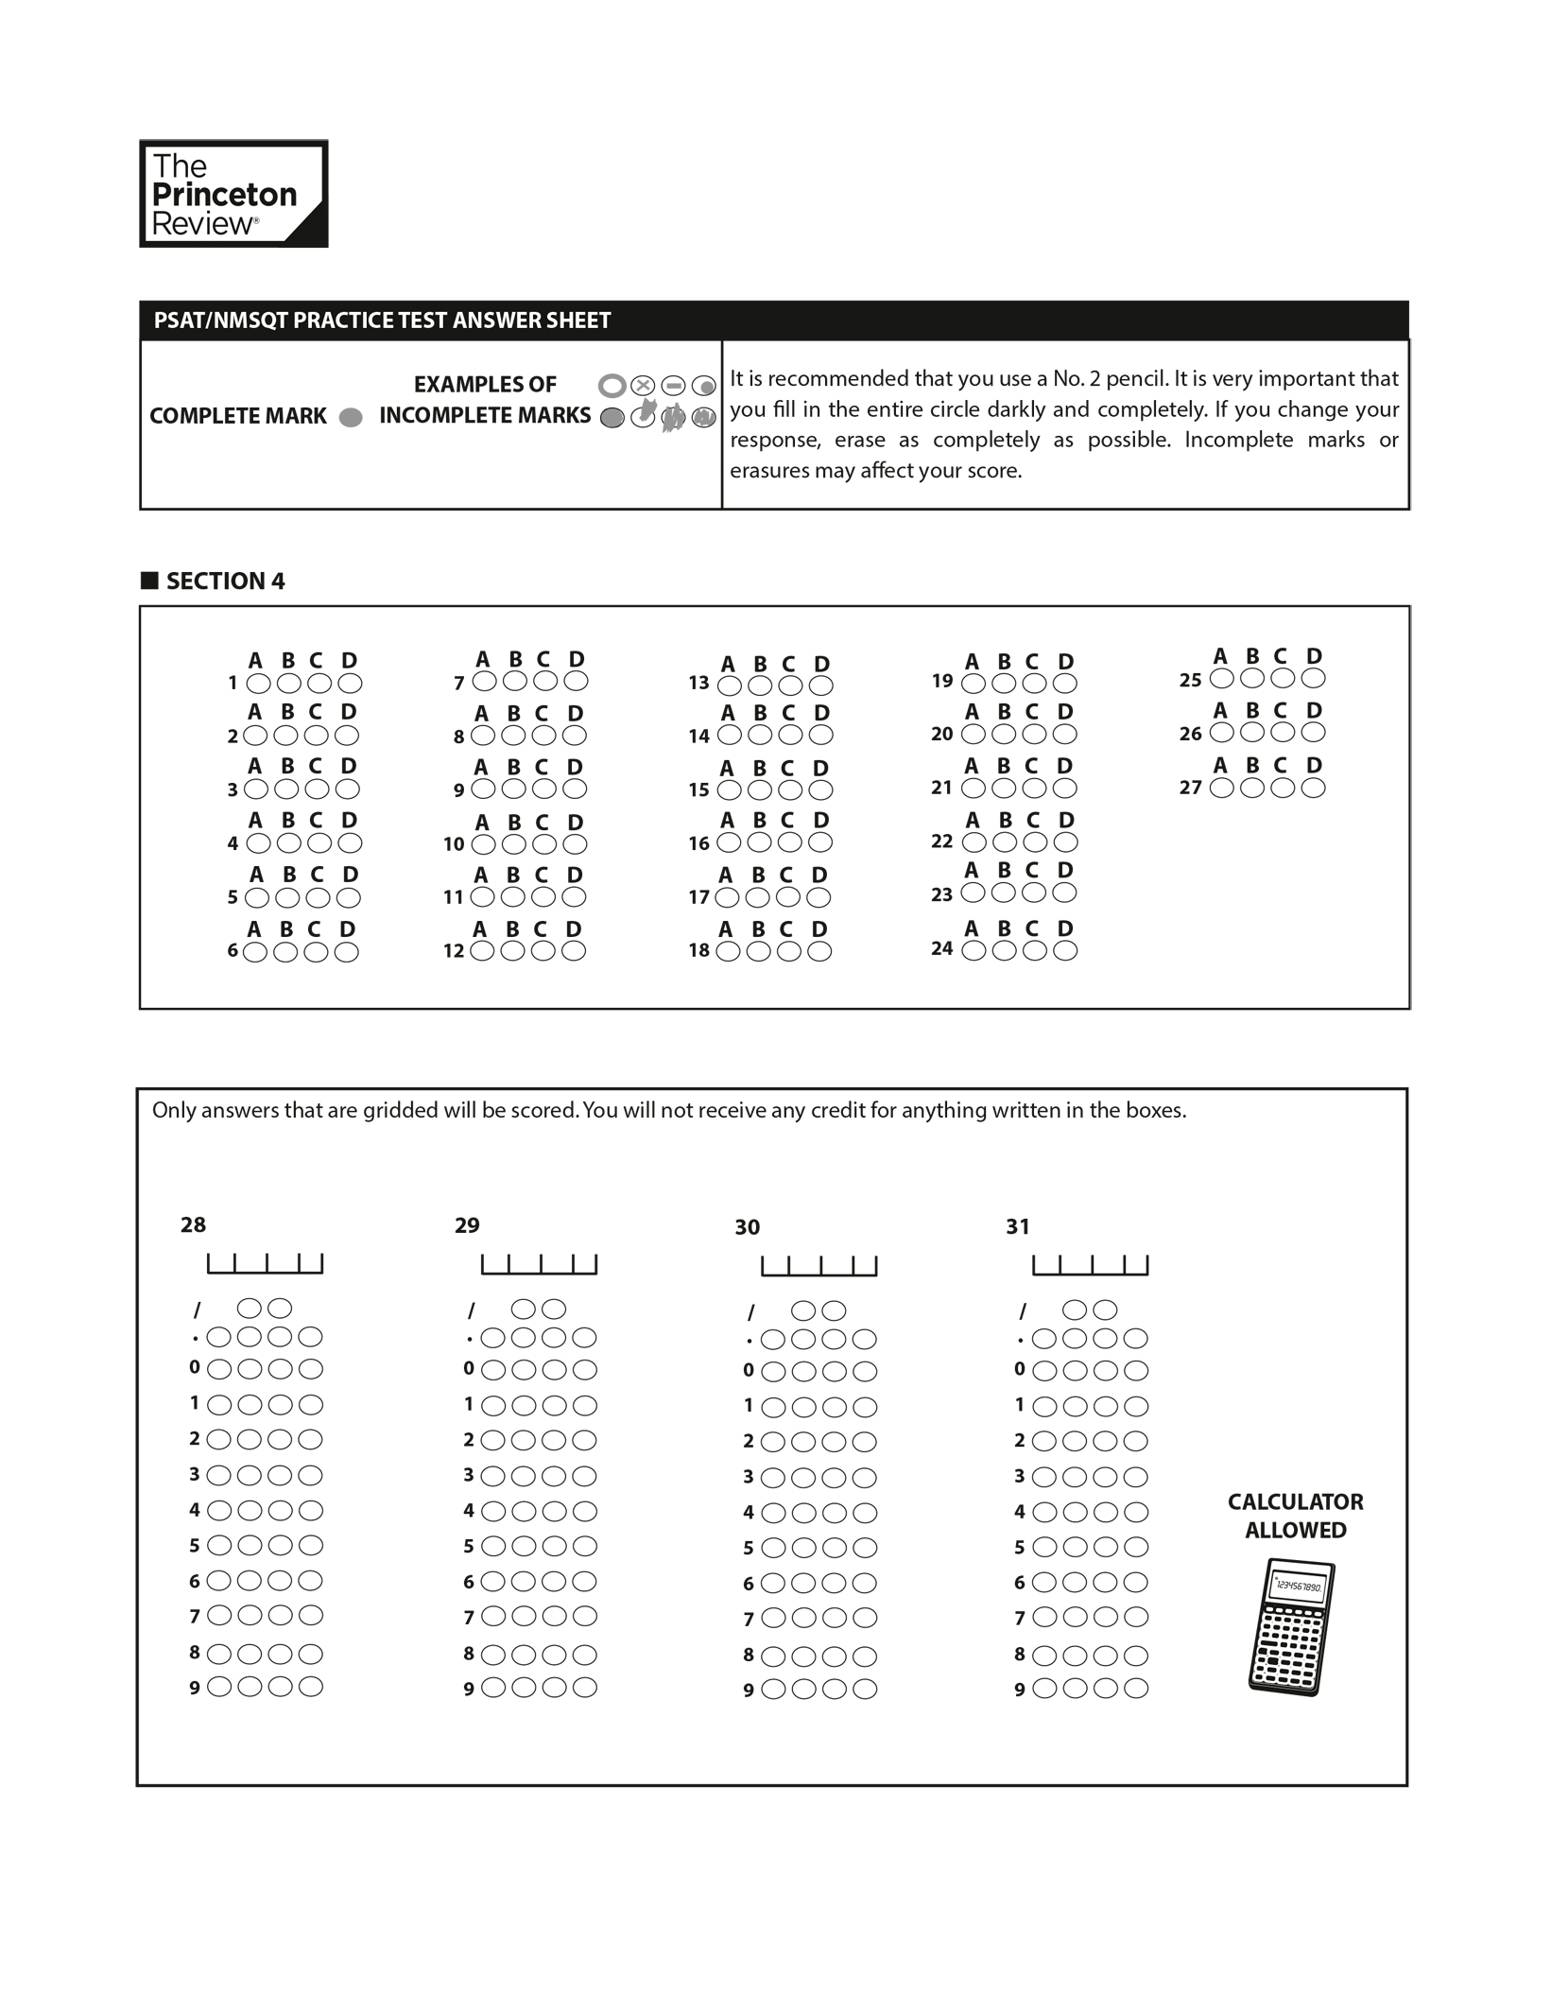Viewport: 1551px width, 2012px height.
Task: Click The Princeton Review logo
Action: pyautogui.click(x=233, y=194)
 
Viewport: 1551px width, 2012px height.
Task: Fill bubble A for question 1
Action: pyautogui.click(x=256, y=683)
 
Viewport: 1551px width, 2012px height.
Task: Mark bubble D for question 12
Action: pyautogui.click(x=574, y=951)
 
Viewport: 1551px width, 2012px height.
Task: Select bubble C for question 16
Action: pyautogui.click(x=790, y=842)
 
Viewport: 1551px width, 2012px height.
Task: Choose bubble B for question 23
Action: pyautogui.click(x=1004, y=893)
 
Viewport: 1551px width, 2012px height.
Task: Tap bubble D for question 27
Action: pyautogui.click(x=1313, y=788)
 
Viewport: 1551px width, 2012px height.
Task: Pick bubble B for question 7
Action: pyautogui.click(x=515, y=681)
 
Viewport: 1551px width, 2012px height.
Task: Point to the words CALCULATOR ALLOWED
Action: pyautogui.click(x=1295, y=1516)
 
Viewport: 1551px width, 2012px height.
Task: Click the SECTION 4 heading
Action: pyautogui.click(x=225, y=581)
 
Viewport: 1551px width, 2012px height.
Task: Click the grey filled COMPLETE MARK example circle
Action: pyautogui.click(x=351, y=417)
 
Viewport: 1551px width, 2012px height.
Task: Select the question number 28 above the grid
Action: pyautogui.click(x=193, y=1224)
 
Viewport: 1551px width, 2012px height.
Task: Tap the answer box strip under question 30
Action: pyautogui.click(x=819, y=1265)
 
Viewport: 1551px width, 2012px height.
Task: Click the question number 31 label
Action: pyautogui.click(x=1017, y=1226)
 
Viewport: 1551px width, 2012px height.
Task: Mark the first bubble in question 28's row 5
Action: pyautogui.click(x=218, y=1546)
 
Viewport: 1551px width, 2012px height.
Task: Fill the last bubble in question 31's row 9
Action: pyautogui.click(x=1136, y=1689)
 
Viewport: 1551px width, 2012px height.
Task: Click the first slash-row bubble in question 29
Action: pyautogui.click(x=523, y=1310)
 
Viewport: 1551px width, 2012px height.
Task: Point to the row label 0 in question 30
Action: pyautogui.click(x=748, y=1370)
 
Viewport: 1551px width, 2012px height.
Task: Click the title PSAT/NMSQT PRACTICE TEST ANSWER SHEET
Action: pyautogui.click(x=382, y=321)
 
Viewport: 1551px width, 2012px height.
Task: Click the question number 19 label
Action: pyautogui.click(x=941, y=681)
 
